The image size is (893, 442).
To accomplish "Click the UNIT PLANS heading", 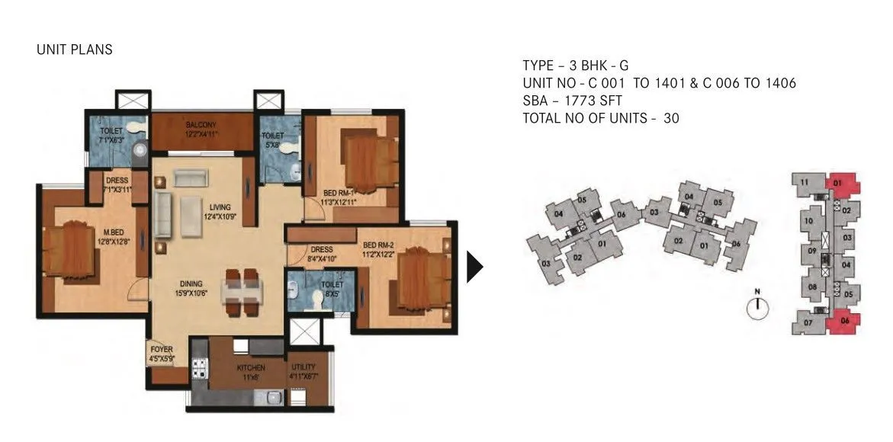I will tap(75, 50).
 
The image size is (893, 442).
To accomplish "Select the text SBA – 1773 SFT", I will tap(574, 101).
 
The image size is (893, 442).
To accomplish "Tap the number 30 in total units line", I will tap(671, 118).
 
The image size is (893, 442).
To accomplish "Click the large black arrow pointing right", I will tap(475, 267).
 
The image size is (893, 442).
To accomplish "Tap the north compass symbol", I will tap(757, 307).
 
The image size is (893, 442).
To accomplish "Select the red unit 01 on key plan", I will tap(841, 184).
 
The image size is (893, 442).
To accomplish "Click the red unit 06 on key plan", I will tap(844, 322).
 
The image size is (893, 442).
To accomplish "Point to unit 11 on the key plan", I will tap(805, 182).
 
